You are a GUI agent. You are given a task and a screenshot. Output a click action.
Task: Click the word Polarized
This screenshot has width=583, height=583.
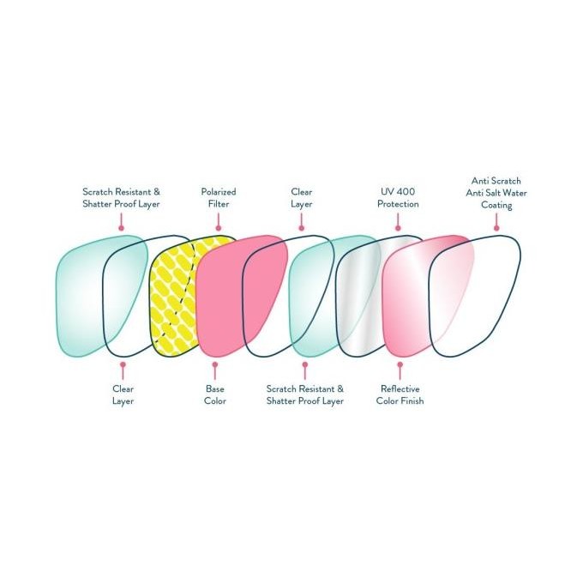[219, 192]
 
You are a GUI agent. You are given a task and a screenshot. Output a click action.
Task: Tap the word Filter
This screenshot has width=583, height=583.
[219, 204]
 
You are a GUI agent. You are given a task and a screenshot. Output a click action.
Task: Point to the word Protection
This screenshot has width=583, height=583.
[398, 204]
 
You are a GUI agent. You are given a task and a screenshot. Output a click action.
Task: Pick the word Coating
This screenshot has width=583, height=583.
[496, 205]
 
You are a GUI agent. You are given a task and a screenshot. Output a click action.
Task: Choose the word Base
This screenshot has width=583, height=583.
[214, 389]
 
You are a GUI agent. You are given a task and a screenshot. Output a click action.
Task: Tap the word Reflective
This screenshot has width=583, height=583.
[400, 389]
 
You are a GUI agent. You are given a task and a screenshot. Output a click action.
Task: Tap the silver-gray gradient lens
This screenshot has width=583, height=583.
[358, 296]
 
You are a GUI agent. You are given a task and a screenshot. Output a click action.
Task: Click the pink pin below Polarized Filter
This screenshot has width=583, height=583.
[219, 221]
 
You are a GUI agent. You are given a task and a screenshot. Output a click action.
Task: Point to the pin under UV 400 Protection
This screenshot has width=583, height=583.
[398, 221]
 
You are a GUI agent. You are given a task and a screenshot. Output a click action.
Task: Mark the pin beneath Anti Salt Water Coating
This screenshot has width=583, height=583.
[496, 221]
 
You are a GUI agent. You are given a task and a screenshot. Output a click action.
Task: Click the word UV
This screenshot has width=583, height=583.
[387, 192]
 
